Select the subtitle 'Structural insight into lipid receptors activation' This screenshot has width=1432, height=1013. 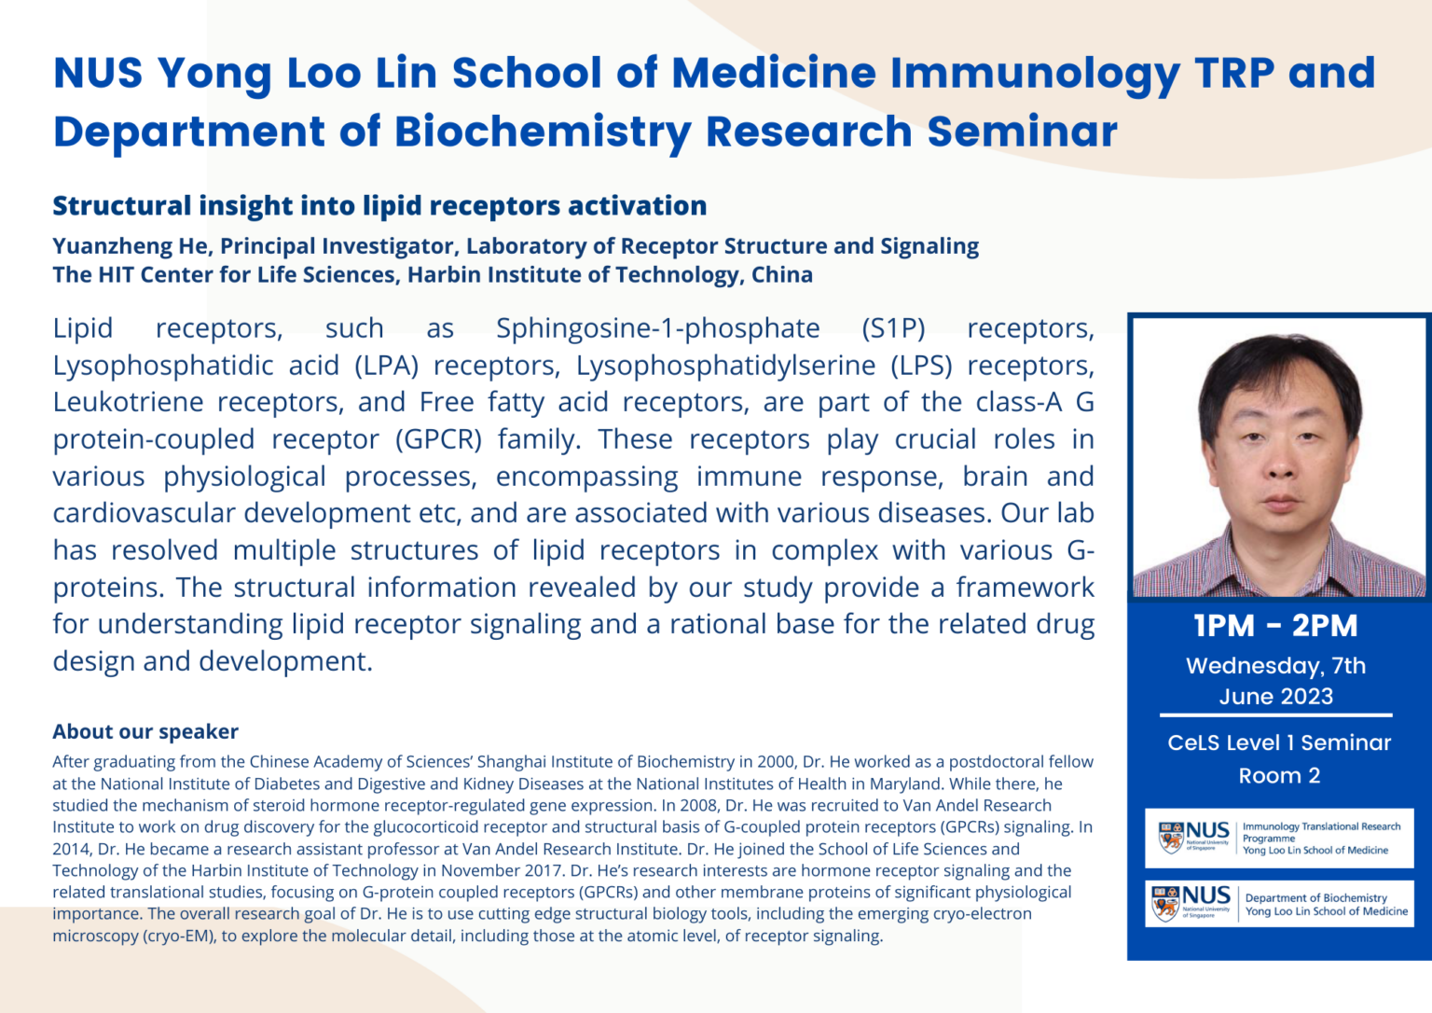click(379, 206)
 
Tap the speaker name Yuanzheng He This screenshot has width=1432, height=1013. click(131, 246)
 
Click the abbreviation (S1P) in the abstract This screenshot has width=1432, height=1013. click(893, 328)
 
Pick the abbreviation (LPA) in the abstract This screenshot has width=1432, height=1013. click(386, 366)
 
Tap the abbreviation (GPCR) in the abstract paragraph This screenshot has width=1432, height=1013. click(438, 439)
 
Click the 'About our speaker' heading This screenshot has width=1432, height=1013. click(145, 732)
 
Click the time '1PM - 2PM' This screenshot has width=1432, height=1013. click(1275, 626)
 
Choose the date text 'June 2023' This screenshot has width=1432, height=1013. click(1275, 697)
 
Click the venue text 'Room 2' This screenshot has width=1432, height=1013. click(1279, 776)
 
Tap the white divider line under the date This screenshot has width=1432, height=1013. click(1275, 715)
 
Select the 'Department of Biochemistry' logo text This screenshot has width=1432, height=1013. click(1315, 898)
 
